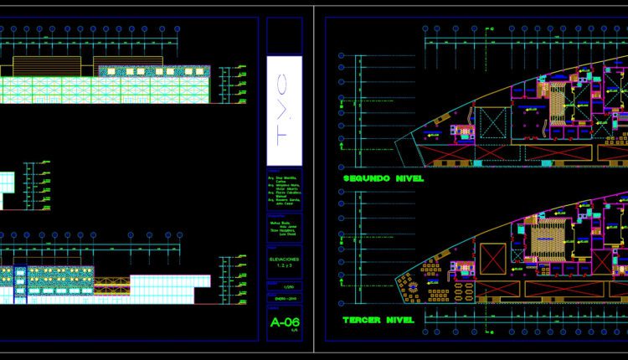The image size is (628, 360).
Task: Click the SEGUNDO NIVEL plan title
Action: pos(382,178)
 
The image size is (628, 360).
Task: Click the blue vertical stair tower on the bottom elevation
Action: pos(21,283)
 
